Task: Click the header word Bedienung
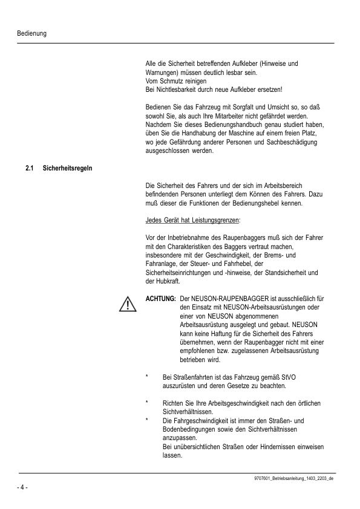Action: point(32,33)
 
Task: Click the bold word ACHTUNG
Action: point(161,299)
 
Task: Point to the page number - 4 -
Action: point(22,486)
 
